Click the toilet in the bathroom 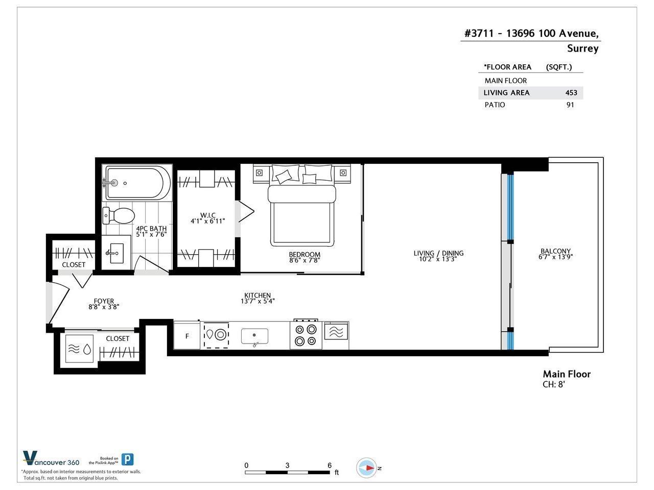[119, 216]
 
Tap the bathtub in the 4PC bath [137, 183]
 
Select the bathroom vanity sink [116, 253]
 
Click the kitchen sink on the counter [254, 336]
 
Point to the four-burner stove [306, 335]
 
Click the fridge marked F [187, 336]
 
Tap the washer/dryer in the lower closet [79, 349]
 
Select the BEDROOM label [305, 254]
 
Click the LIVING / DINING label [438, 253]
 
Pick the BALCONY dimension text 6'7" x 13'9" [555, 257]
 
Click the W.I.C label [207, 215]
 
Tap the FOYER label [104, 301]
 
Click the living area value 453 [571, 93]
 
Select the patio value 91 [570, 105]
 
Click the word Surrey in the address [582, 48]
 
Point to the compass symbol [367, 468]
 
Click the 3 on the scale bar [287, 465]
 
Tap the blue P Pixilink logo [127, 460]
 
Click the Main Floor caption [567, 374]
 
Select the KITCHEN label [258, 295]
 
